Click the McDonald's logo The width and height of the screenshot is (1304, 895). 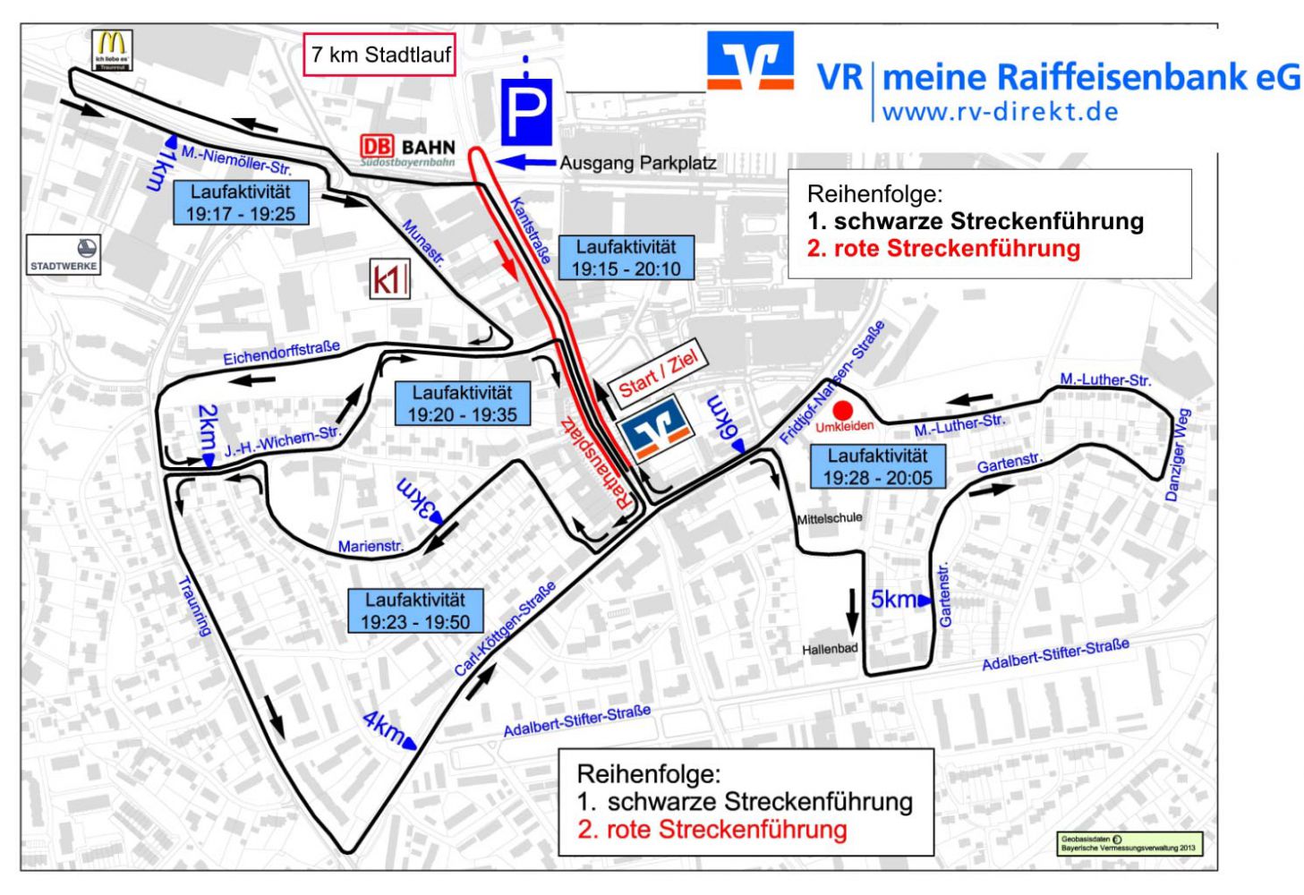[x=112, y=48]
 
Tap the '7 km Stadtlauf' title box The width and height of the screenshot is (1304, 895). [x=379, y=55]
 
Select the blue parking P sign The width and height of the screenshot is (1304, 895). [x=525, y=110]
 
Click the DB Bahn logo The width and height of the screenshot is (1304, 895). [x=408, y=150]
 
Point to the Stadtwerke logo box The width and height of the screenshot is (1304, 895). [x=64, y=254]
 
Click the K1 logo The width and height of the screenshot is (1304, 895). [x=389, y=279]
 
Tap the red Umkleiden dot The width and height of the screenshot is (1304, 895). [x=842, y=410]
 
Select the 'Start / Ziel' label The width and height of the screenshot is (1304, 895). [x=658, y=373]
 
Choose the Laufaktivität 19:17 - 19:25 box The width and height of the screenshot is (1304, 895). [x=240, y=202]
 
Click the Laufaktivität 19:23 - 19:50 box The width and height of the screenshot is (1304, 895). [x=415, y=610]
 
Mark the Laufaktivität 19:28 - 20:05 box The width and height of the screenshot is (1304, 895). [x=877, y=467]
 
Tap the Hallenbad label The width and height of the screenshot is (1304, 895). [x=830, y=649]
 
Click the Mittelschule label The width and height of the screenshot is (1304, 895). [x=830, y=518]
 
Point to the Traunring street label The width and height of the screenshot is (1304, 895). [x=195, y=606]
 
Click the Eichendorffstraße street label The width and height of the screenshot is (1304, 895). [x=281, y=352]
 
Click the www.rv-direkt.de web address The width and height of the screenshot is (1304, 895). [x=1000, y=113]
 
